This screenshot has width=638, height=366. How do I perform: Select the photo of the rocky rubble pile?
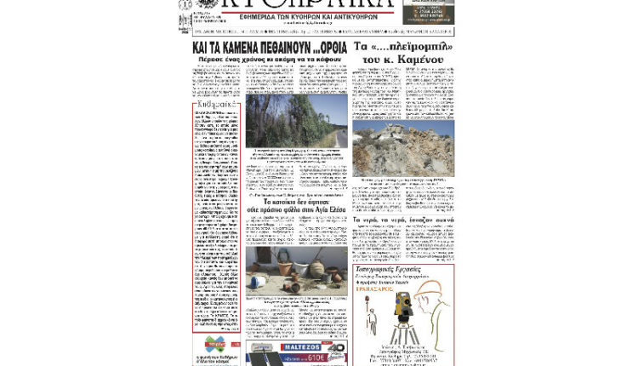click(403, 148)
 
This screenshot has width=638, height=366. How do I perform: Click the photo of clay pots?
click(296, 272)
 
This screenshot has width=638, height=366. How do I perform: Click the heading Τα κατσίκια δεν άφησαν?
click(295, 203)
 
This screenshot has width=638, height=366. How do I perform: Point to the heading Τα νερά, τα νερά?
click(403, 220)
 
